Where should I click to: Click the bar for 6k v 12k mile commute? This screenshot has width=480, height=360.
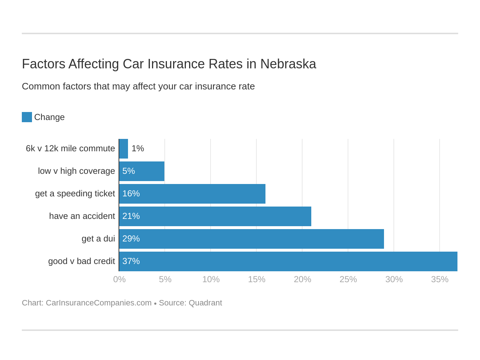point(124,149)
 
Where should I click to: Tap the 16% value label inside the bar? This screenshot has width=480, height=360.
point(131,193)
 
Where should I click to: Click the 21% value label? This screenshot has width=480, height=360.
point(131,216)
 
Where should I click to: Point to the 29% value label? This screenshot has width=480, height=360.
point(131,239)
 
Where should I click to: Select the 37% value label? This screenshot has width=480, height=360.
point(131,261)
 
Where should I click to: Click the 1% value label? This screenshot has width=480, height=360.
point(138,148)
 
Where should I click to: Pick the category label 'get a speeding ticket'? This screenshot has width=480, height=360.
point(75,193)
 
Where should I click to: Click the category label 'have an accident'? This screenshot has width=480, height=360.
point(82,216)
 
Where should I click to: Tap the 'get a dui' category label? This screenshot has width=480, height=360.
point(98,239)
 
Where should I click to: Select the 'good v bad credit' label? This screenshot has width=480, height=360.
point(81,261)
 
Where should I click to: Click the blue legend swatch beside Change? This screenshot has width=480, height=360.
point(27,117)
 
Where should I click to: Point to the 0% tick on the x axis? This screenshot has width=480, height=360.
point(119,279)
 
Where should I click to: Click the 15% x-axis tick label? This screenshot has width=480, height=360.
point(257,279)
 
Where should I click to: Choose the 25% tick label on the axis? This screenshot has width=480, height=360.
point(348,279)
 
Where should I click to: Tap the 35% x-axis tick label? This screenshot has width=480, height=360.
point(440,279)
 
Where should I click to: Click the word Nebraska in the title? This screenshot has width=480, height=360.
point(288,64)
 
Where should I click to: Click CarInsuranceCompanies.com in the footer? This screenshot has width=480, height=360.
point(99,303)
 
